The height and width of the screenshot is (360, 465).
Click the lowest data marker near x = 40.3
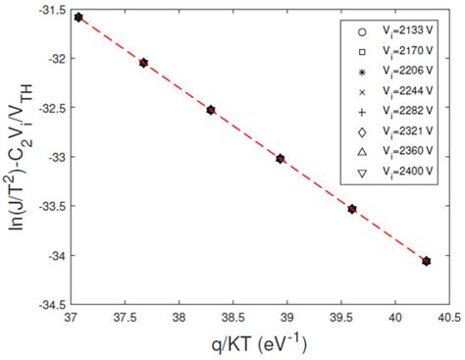(x=426, y=261)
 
